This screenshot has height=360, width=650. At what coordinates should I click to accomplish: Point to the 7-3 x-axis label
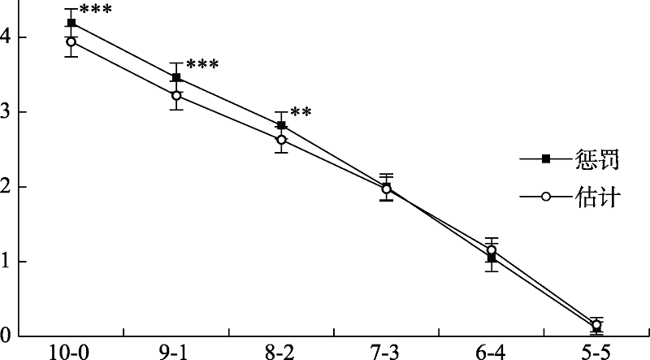tap(387, 352)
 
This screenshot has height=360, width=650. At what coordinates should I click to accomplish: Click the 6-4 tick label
tap(492, 352)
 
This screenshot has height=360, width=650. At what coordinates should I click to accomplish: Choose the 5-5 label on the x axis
tap(597, 352)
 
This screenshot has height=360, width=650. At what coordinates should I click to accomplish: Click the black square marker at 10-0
tap(71, 23)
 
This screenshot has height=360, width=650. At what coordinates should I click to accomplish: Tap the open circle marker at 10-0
tap(71, 41)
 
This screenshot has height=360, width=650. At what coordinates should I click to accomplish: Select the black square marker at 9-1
tap(176, 78)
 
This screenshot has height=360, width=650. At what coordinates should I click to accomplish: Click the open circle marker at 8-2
tap(281, 140)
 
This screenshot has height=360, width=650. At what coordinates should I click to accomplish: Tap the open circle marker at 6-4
tap(492, 250)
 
